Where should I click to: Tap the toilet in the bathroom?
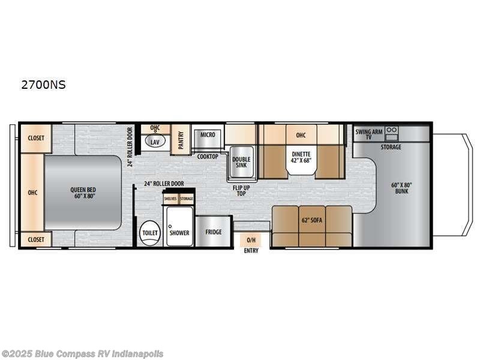[x=148, y=232]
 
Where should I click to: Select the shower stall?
[x=179, y=227]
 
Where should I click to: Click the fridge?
[x=212, y=232]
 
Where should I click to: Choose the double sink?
[x=241, y=162]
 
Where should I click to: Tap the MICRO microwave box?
[x=208, y=135]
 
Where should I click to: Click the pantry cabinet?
[x=179, y=139]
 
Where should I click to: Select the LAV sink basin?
[x=155, y=142]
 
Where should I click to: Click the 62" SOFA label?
[x=311, y=220]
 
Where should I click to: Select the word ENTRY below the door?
[x=251, y=250]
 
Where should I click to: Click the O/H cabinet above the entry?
[x=251, y=240]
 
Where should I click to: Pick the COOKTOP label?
[x=208, y=156]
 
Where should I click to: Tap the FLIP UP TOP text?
[x=241, y=190]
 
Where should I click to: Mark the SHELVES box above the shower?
[x=170, y=198]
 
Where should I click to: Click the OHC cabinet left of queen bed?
[x=32, y=193]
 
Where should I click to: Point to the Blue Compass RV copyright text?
[x=82, y=353]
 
